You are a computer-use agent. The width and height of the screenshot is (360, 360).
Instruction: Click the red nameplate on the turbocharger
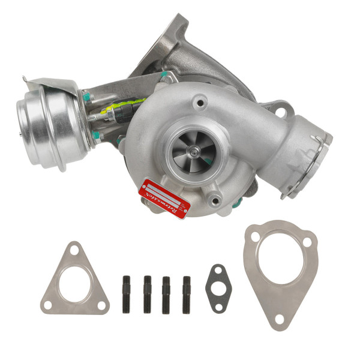(164, 199)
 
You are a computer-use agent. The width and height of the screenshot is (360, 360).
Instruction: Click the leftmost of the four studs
(127, 294)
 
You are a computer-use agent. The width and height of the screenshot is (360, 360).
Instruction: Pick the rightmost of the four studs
(187, 294)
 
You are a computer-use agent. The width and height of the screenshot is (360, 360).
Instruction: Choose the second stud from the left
(147, 294)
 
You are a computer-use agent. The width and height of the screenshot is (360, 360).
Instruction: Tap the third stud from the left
(166, 294)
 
